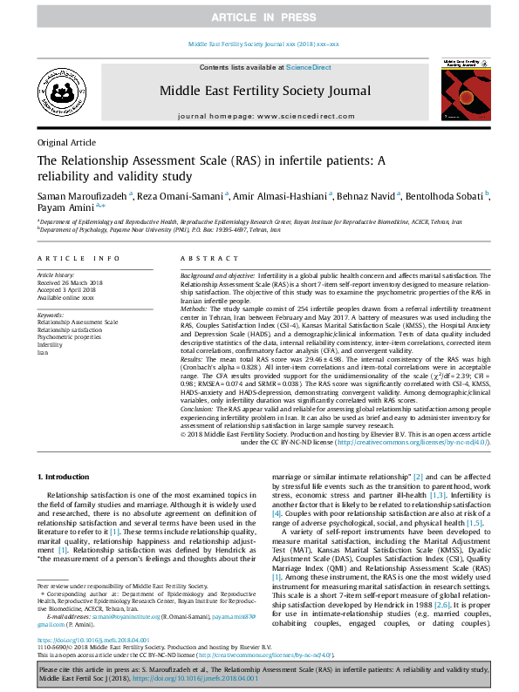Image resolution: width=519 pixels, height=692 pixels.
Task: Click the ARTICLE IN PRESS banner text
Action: pos(259,17)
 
